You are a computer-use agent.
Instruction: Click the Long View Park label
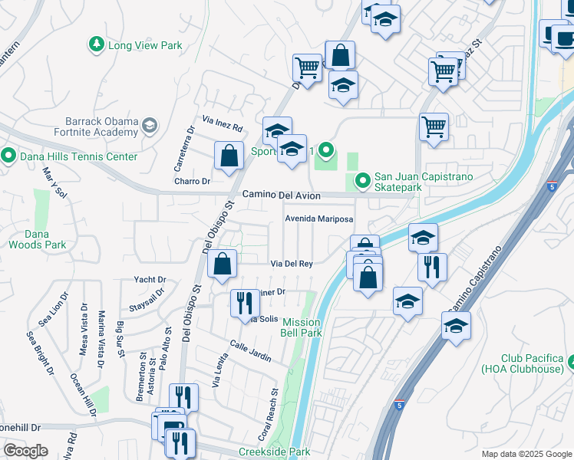145,45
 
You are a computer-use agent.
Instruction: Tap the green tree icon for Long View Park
97,45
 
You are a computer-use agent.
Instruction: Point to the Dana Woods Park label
37,239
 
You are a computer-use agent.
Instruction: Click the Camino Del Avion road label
281,195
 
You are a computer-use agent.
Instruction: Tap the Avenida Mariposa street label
318,219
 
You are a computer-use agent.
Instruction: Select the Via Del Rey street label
292,264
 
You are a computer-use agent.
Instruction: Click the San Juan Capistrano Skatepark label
423,181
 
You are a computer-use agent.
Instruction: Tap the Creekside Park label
274,452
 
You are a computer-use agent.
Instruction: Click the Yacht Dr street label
150,280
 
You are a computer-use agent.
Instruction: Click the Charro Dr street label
192,182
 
